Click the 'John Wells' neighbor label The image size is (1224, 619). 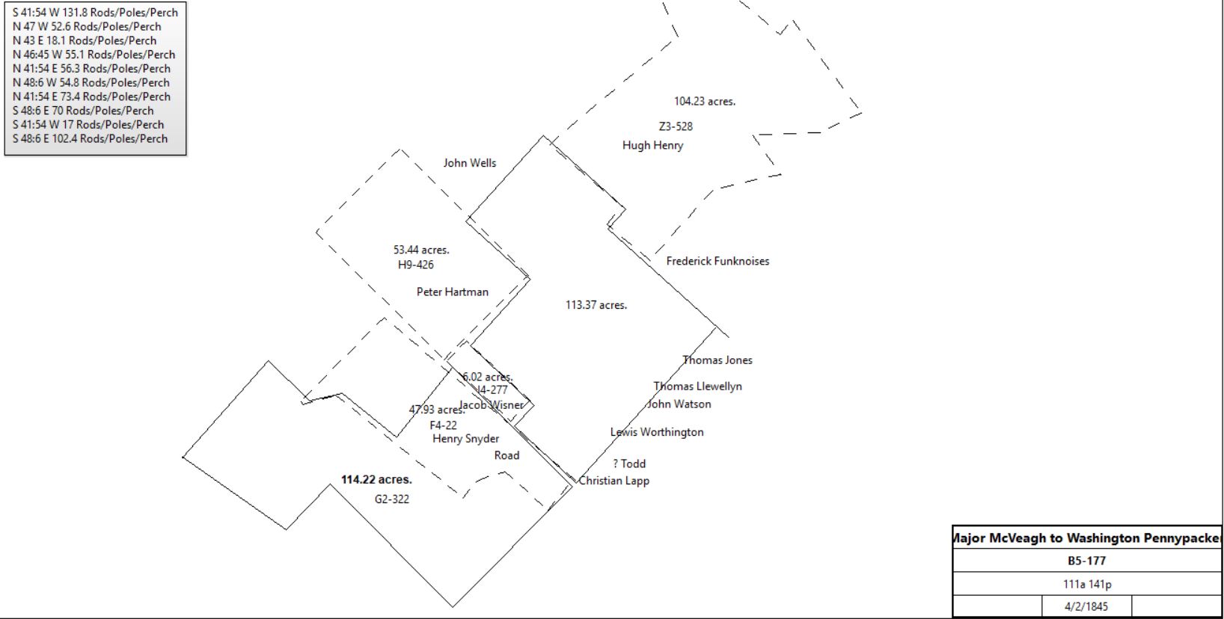click(469, 163)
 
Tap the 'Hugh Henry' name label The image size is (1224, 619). click(652, 146)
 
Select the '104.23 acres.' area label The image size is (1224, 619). click(704, 101)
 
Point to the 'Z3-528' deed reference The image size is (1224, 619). click(676, 126)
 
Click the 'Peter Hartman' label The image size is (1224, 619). click(453, 292)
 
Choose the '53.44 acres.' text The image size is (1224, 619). click(420, 250)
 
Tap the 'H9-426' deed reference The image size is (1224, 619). click(415, 265)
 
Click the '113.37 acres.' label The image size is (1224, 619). click(596, 305)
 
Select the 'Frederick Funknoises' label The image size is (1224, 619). click(717, 262)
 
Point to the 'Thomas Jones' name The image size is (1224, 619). click(717, 360)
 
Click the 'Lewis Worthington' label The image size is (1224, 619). click(657, 432)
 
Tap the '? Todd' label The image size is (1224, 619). click(629, 464)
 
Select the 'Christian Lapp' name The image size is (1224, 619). click(613, 481)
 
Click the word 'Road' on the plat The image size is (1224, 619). click(507, 455)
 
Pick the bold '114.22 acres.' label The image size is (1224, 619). click(376, 479)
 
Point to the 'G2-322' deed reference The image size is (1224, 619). click(391, 499)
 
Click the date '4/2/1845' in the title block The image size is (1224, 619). click(1086, 606)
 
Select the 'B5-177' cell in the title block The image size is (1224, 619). click(1086, 561)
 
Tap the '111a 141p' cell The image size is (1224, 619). click(1087, 584)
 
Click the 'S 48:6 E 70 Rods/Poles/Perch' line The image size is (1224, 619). click(83, 111)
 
